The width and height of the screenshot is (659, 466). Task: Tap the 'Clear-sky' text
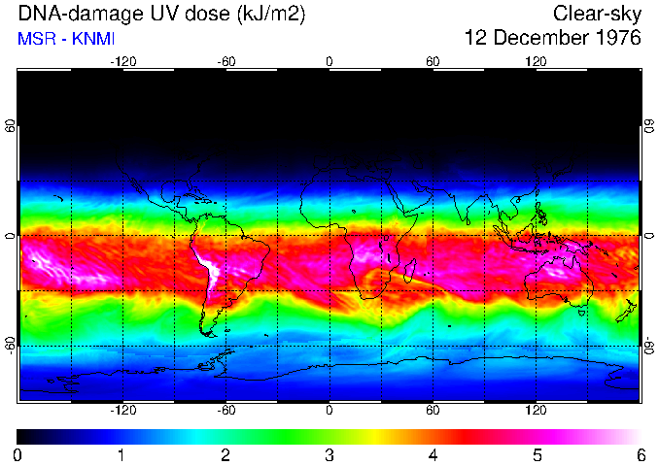click(597, 15)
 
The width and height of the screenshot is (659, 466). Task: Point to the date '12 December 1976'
click(553, 40)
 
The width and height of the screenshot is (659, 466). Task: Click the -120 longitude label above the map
click(122, 61)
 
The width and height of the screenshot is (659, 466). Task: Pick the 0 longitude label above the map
click(329, 61)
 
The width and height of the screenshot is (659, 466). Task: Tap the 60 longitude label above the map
click(433, 61)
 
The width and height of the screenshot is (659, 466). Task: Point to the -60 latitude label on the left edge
click(11, 346)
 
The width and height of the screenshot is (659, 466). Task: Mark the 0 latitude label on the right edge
click(648, 236)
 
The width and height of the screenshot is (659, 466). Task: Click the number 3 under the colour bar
click(329, 454)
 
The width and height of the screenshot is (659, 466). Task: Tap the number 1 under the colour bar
click(121, 454)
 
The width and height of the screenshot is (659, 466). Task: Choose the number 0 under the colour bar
click(18, 454)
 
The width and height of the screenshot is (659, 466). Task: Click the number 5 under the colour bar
click(537, 454)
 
